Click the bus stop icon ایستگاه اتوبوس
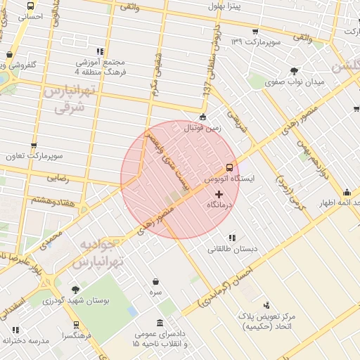(229, 168)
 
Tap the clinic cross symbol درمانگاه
(218, 193)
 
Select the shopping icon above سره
(155, 281)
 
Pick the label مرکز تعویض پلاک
(266, 316)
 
